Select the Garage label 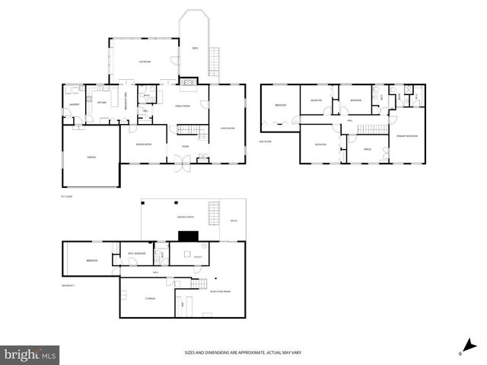click(91, 157)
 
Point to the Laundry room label click(74, 104)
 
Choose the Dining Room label click(143, 144)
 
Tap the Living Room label click(227, 128)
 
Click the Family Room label click(183, 106)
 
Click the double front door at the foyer click(183, 163)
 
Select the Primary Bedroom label click(406, 136)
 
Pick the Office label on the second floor click(366, 148)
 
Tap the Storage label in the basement click(150, 298)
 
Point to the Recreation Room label click(221, 291)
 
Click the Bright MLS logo click(30, 354)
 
